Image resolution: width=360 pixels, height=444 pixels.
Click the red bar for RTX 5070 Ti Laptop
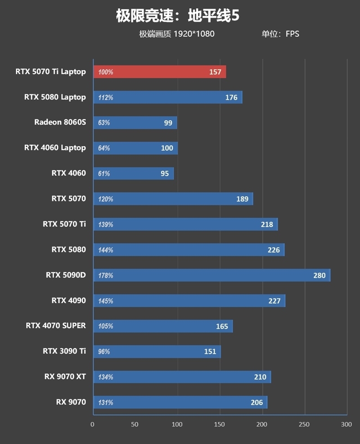click(159, 72)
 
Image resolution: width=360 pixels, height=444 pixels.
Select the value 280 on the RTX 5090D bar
click(319, 275)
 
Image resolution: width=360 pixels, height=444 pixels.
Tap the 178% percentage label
click(106, 275)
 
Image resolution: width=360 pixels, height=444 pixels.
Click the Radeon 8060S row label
click(60, 122)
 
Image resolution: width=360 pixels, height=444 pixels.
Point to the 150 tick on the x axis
click(219, 424)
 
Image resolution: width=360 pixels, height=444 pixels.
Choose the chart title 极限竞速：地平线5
click(178, 16)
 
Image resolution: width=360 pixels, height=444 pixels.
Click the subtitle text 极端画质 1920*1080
click(176, 34)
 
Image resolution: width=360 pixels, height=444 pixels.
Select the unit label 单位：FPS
click(280, 34)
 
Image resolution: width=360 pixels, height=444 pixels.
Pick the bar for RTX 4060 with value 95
click(133, 174)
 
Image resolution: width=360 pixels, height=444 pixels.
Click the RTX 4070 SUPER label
click(56, 326)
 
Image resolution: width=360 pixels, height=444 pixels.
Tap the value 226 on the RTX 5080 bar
click(273, 250)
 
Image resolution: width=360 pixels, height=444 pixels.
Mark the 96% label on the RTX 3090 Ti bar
click(104, 352)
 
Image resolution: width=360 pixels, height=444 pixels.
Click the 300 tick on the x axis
click(346, 424)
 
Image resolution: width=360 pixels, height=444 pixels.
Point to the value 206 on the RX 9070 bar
click(256, 403)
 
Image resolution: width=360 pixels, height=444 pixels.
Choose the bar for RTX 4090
click(189, 301)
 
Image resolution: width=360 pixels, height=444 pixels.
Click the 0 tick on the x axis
click(93, 424)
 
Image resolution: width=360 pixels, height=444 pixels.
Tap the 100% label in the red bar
click(106, 72)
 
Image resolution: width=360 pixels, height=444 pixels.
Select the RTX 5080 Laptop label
click(55, 97)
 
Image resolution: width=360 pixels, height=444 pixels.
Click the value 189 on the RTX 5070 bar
click(242, 199)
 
